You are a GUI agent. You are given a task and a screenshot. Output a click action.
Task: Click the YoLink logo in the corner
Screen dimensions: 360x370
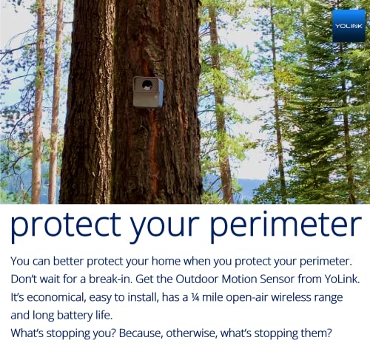click(349, 25)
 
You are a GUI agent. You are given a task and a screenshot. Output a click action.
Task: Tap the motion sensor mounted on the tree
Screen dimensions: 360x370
click(147, 92)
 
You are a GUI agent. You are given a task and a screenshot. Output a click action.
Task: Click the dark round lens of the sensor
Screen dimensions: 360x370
click(148, 85)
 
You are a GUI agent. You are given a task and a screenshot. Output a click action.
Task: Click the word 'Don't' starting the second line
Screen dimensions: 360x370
click(25, 279)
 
